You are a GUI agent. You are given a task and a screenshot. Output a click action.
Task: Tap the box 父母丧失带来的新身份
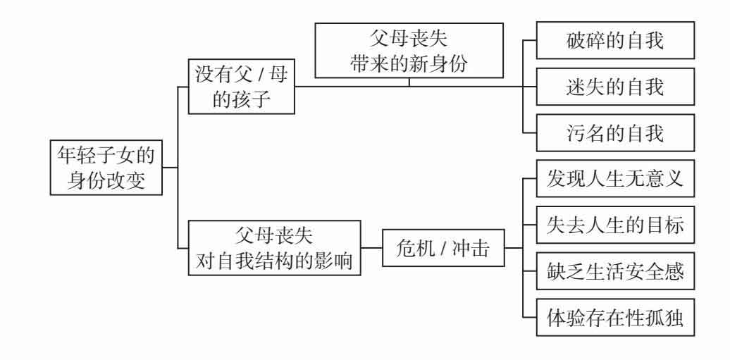(409, 50)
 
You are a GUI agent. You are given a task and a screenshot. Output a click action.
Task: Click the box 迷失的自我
(615, 87)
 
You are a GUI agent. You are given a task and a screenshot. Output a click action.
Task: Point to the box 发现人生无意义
(615, 181)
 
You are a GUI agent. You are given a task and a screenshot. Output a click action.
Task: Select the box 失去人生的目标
(615, 226)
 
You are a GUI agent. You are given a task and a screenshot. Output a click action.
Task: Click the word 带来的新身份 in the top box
(409, 63)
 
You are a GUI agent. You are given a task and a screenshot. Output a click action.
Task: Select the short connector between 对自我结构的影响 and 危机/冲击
(371, 248)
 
